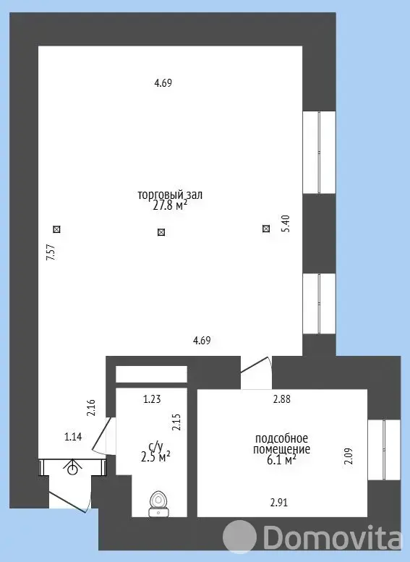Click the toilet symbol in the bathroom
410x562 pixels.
coord(159,503)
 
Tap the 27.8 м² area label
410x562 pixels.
coord(170,205)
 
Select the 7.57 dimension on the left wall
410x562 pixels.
coord(51,252)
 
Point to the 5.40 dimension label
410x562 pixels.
coord(286,223)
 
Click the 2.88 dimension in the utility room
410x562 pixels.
coord(282,399)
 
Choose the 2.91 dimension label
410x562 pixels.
coord(279,503)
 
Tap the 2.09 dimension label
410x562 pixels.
coord(349,456)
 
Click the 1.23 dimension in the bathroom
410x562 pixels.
coord(152,399)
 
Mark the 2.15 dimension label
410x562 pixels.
coord(176,422)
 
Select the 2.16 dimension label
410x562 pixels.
coord(91,407)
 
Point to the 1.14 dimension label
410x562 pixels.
coord(73,437)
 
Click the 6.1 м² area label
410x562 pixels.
coord(282,460)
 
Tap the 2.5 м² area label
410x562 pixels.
coord(156,457)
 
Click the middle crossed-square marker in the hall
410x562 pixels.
coord(161,232)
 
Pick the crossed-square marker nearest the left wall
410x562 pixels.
coord(56,229)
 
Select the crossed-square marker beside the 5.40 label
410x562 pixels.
coord(266,229)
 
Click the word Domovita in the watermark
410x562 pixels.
coord(332,537)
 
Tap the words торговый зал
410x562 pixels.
coord(170,195)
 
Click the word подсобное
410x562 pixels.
coord(282,438)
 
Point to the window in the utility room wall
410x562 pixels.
coord(384,450)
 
